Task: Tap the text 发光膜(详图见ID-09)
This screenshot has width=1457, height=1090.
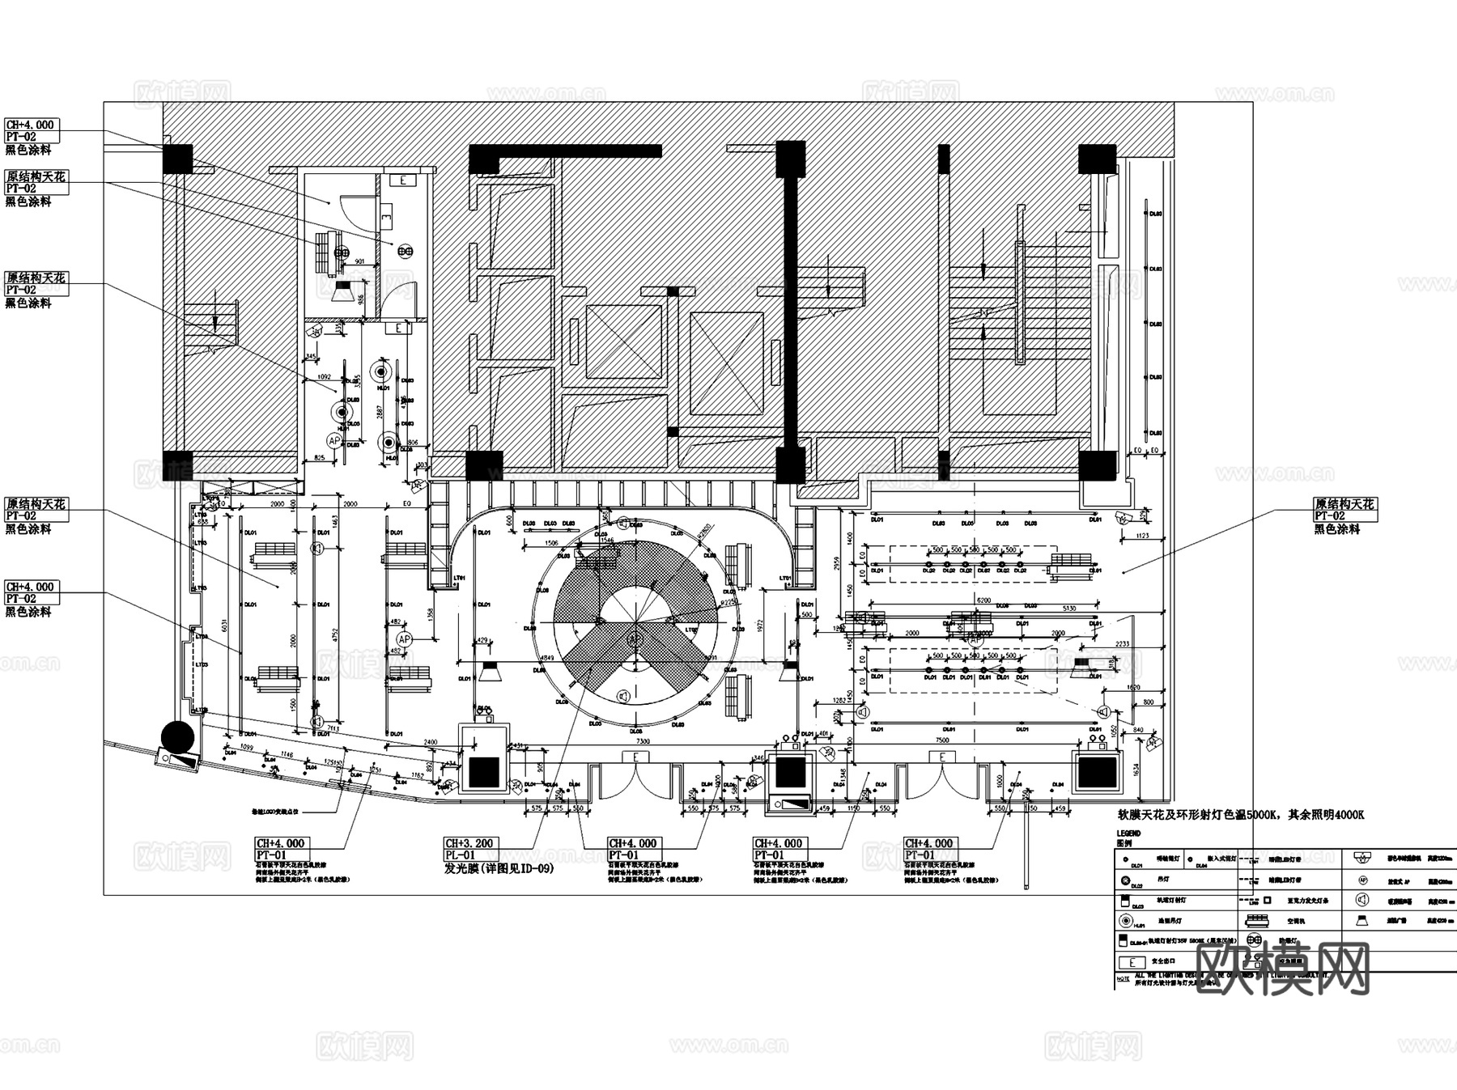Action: (x=499, y=869)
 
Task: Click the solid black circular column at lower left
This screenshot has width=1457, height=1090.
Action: (x=177, y=736)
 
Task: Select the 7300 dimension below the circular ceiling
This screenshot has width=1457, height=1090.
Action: (x=642, y=741)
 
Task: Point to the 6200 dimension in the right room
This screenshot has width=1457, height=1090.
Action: (x=983, y=600)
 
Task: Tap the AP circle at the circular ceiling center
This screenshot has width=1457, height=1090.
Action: (x=635, y=639)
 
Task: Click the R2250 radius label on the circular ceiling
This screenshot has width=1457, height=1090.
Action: (x=728, y=603)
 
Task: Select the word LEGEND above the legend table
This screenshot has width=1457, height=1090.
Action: (x=1128, y=833)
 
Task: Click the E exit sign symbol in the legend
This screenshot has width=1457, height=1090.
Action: (x=1131, y=963)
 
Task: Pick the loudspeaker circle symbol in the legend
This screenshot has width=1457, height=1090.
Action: (x=1361, y=900)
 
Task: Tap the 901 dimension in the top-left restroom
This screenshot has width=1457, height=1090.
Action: (x=360, y=261)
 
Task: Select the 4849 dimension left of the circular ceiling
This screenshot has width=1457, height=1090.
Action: (x=547, y=657)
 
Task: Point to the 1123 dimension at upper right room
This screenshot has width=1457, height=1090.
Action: (x=1142, y=536)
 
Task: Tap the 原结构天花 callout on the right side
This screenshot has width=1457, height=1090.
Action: (x=1344, y=503)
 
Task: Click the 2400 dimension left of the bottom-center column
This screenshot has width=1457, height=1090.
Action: (x=430, y=741)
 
